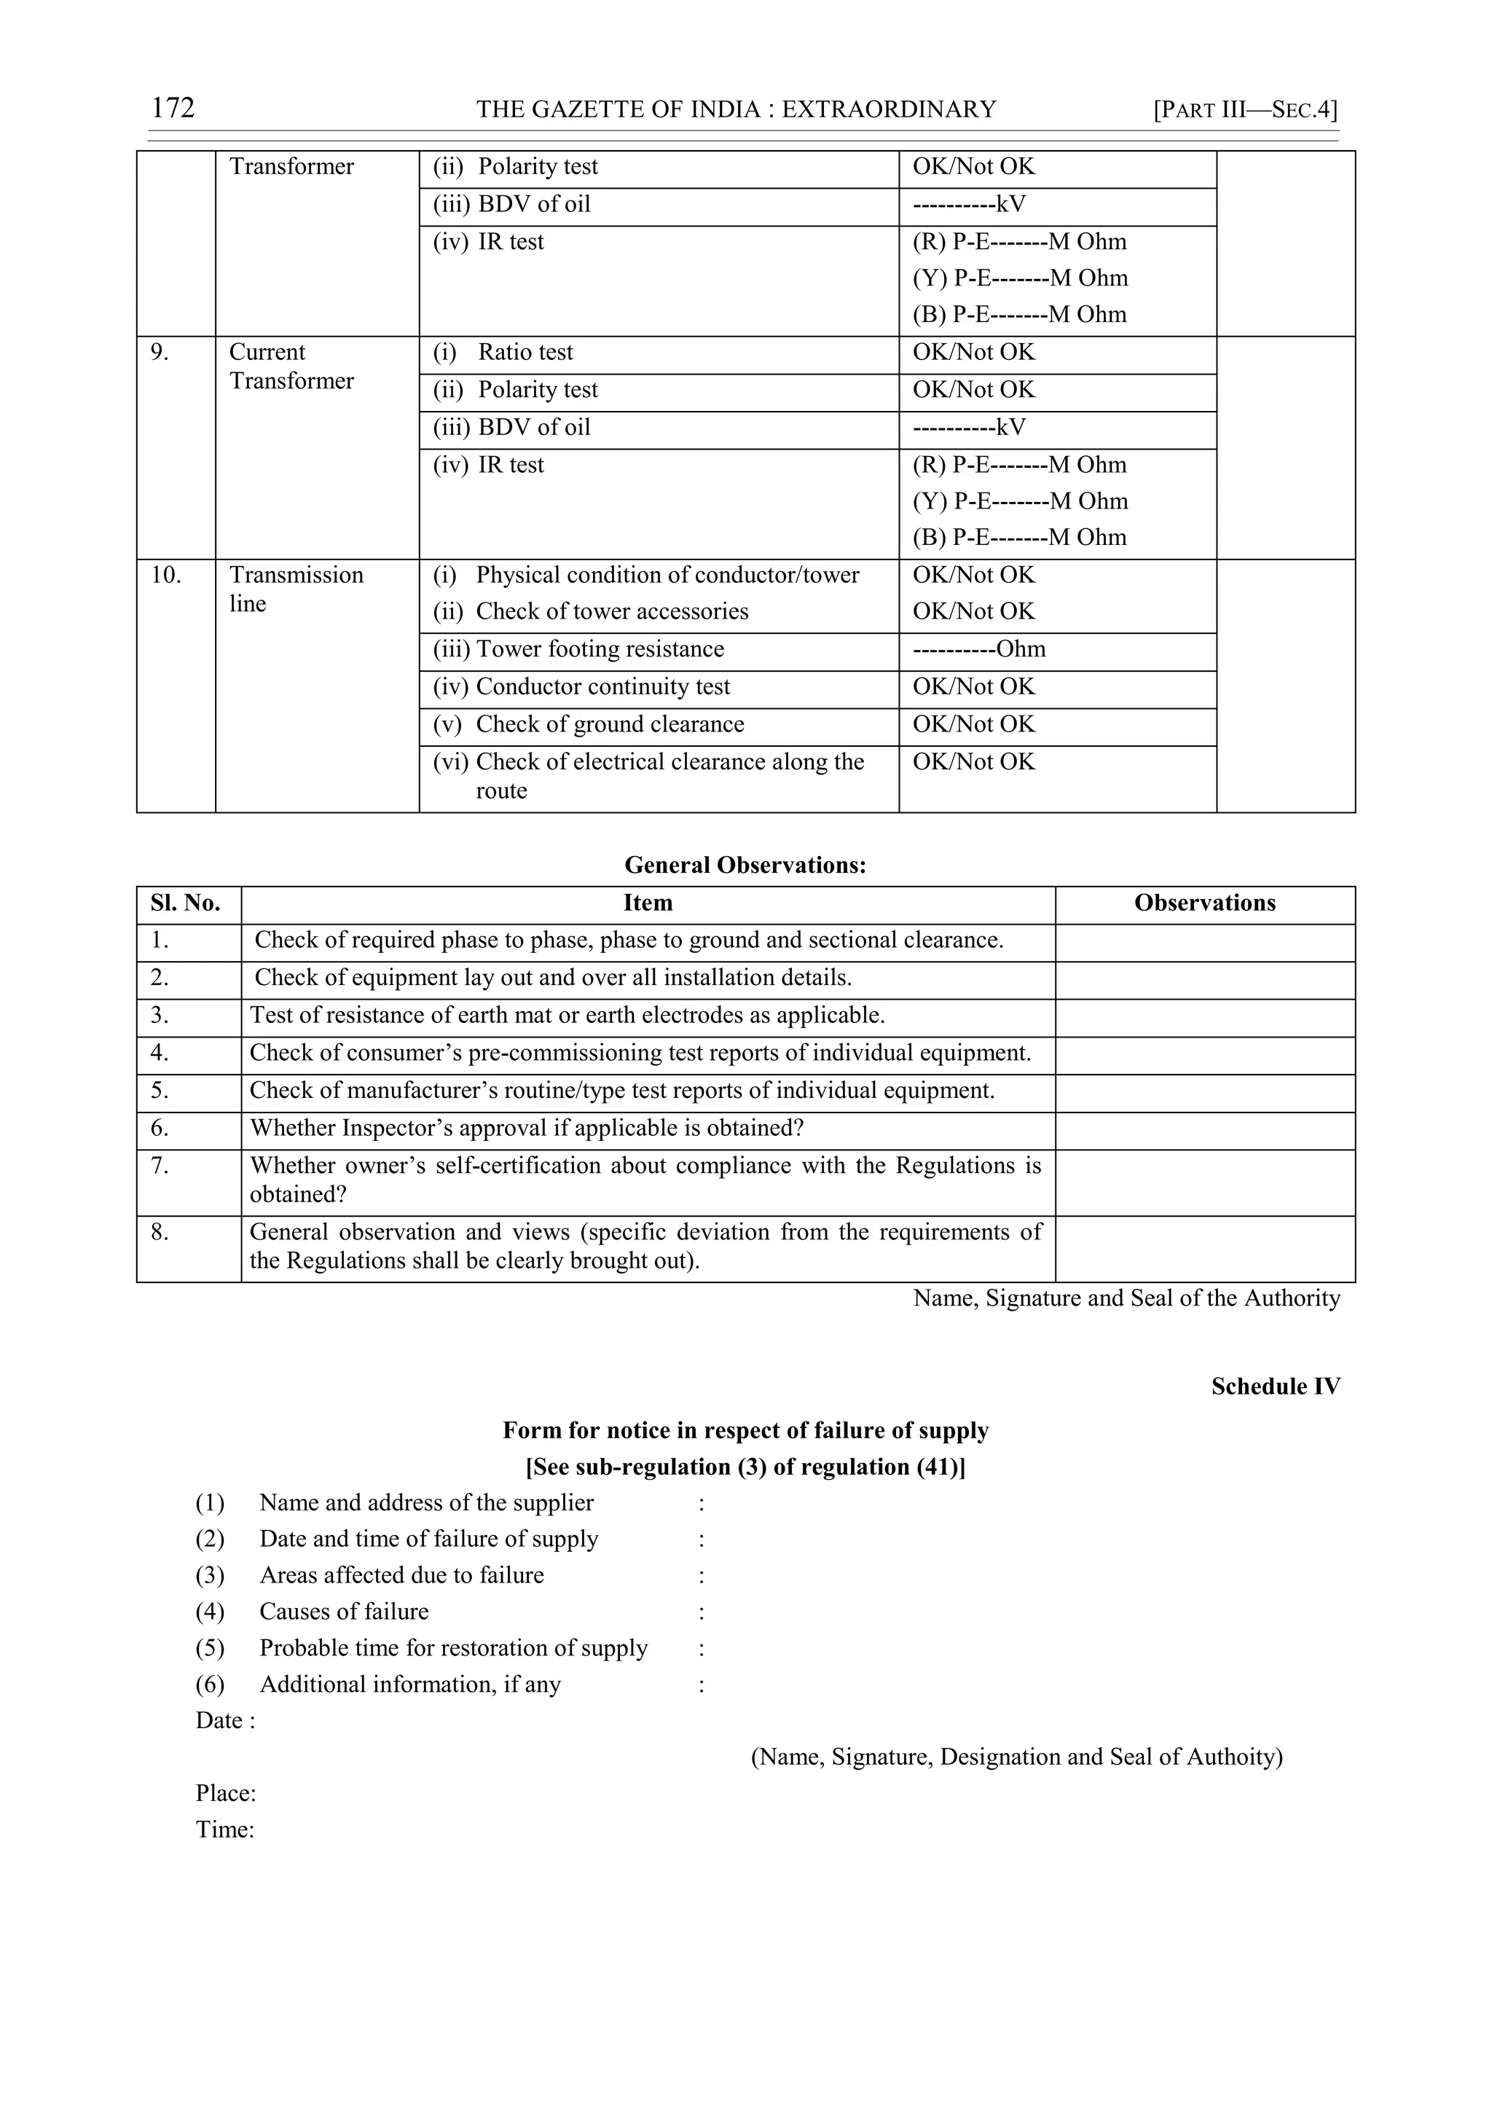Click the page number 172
click(173, 109)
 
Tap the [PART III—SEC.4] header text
click(1245, 110)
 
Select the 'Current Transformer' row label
click(291, 366)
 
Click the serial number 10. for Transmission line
click(166, 576)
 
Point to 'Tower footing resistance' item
click(599, 650)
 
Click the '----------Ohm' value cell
click(978, 650)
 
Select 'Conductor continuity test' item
click(602, 687)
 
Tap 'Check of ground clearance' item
click(609, 725)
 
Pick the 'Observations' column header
click(1204, 903)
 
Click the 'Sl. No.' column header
click(186, 903)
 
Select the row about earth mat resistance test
click(567, 1016)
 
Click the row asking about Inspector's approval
click(527, 1129)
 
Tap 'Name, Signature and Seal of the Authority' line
click(1126, 1298)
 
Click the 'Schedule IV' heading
click(1275, 1387)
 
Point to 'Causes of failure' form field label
click(344, 1612)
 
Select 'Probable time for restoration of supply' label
click(453, 1649)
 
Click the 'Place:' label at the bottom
click(225, 1794)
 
